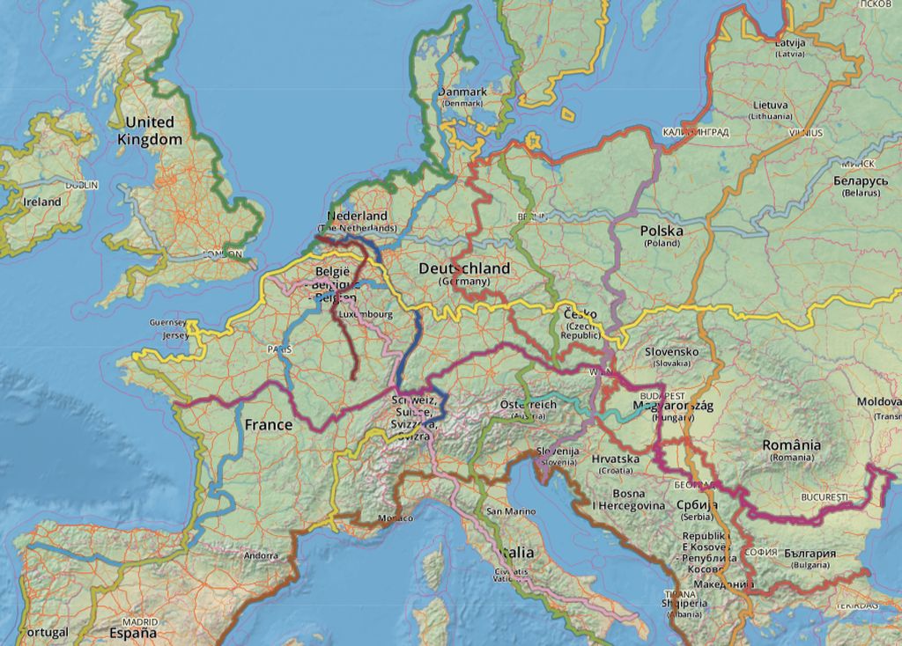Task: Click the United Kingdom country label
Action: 150,130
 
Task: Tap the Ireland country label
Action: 42,202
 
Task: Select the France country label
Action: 269,425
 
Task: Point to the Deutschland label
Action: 464,268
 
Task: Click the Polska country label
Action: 662,231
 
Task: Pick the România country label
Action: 792,445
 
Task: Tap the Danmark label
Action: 462,92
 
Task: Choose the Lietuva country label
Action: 770,105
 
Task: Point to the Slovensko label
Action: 672,352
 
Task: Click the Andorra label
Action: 261,555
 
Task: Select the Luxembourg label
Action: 366,313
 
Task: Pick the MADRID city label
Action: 140,621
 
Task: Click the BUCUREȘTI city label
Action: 824,497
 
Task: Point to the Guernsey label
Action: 168,323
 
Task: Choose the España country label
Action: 133,633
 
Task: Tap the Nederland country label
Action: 357,217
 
